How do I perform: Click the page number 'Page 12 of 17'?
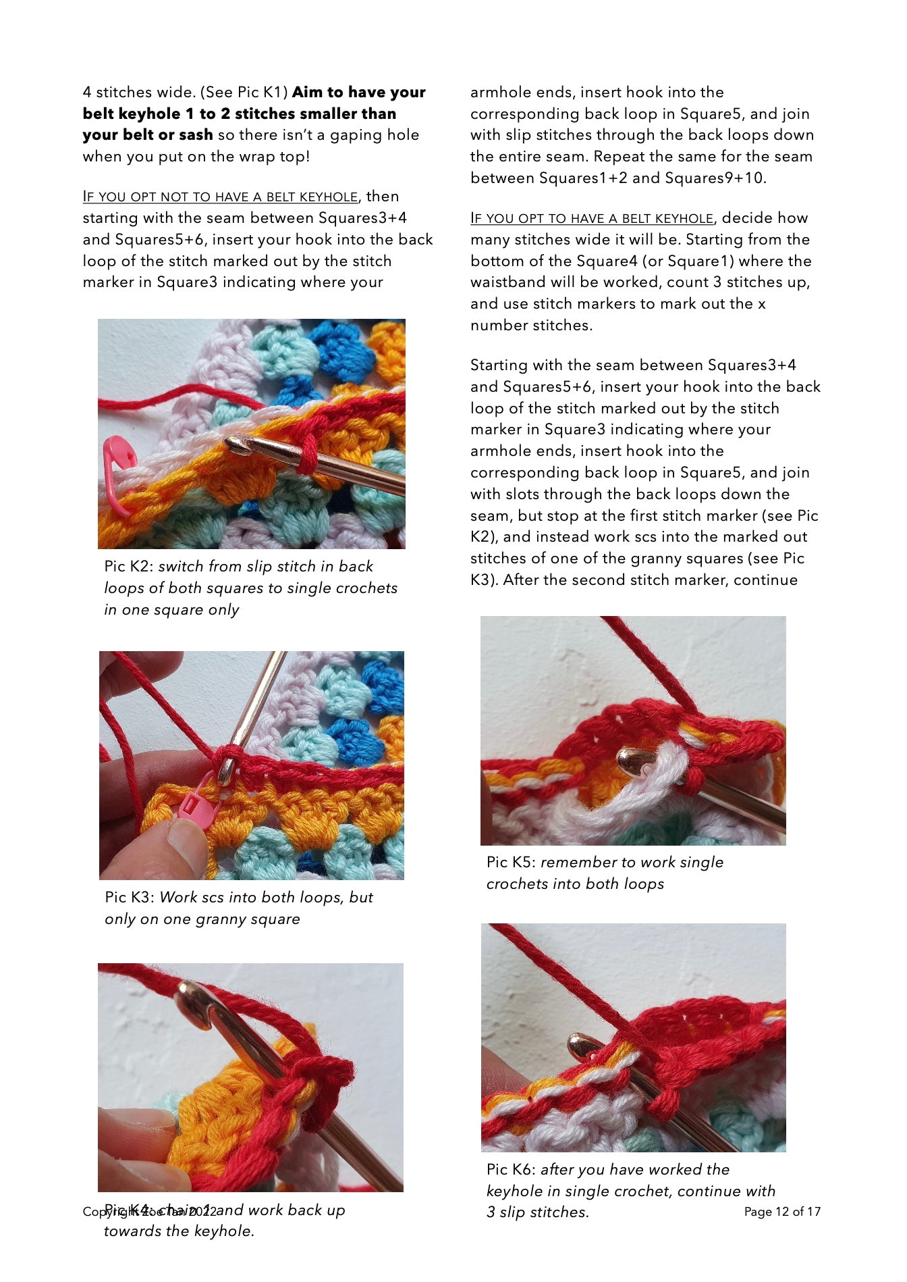click(x=782, y=1212)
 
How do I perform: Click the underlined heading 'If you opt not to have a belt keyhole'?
click(x=220, y=197)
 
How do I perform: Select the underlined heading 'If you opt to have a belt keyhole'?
click(x=592, y=219)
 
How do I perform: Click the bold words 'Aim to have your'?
click(x=359, y=93)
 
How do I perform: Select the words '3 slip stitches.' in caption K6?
click(x=538, y=1212)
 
